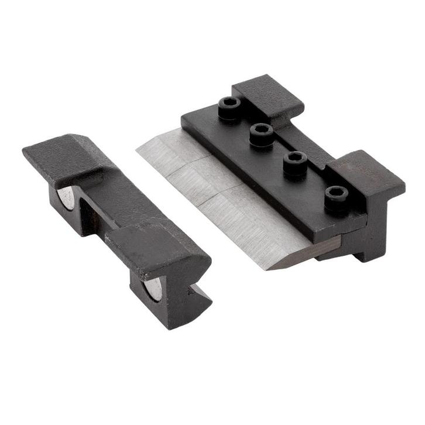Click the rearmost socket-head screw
coord(229,106)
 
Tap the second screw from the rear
coord(261,132)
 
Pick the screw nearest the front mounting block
coord(335,195)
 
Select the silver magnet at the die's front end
coord(154,287)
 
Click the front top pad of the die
coord(155,246)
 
